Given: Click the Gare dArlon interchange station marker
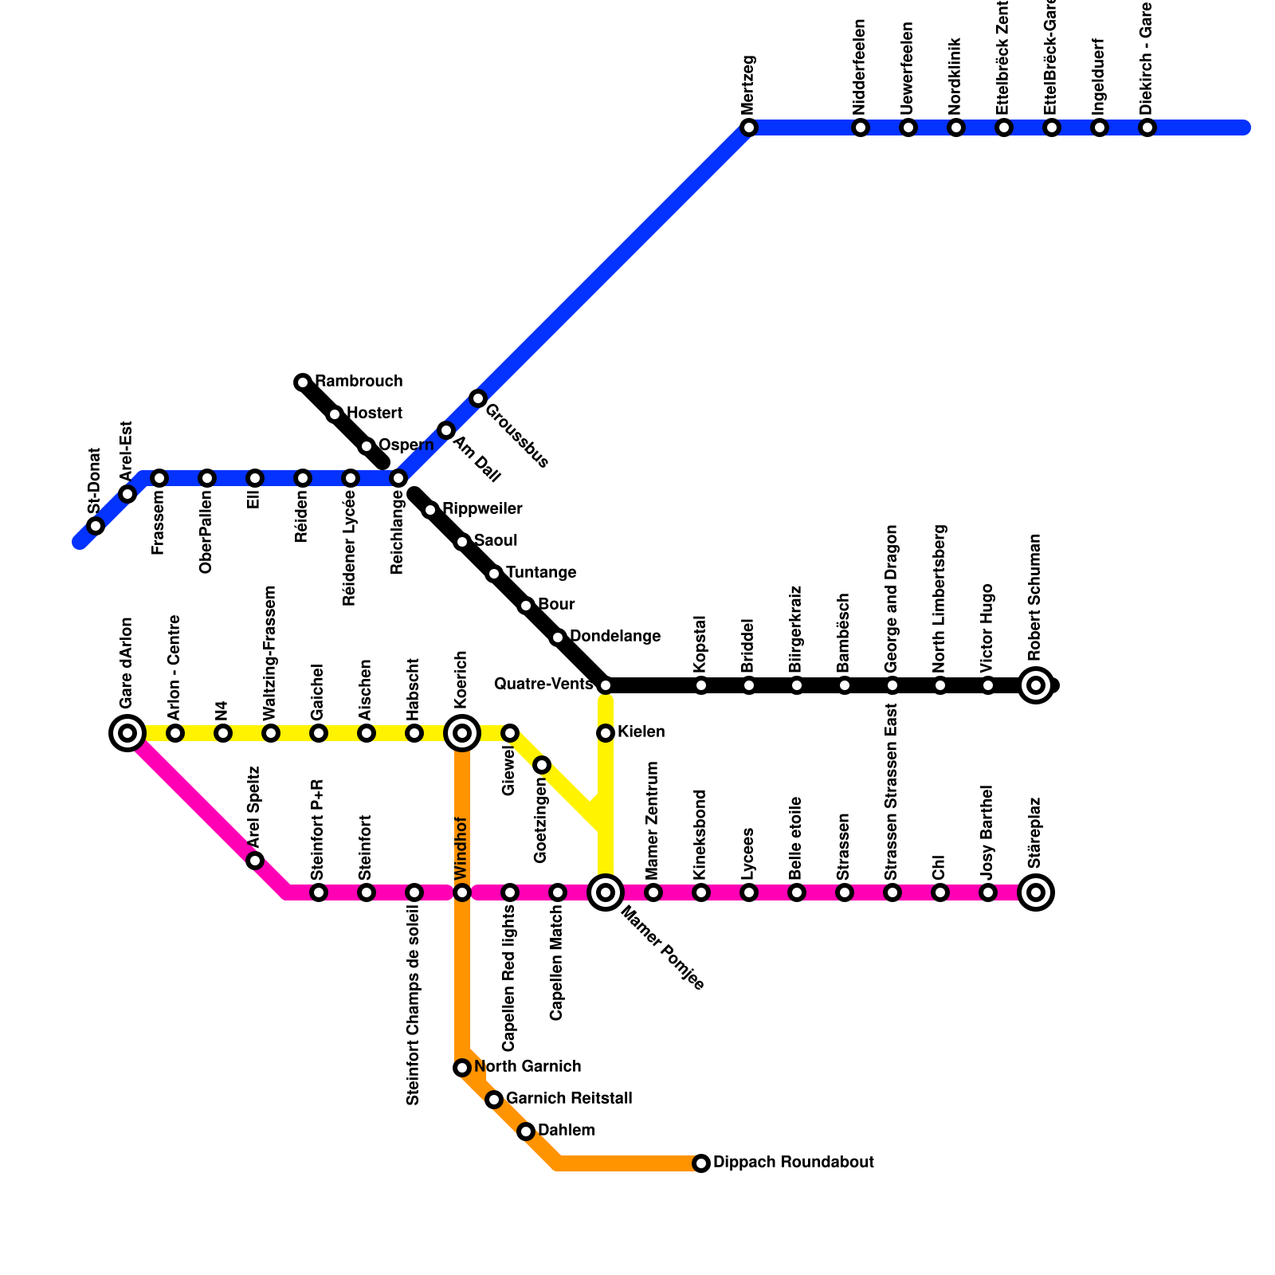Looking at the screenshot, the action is (127, 732).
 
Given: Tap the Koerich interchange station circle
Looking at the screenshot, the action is (462, 732).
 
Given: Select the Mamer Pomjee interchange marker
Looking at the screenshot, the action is (606, 892).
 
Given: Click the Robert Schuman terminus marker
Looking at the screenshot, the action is (1036, 685).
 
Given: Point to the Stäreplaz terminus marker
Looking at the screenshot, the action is (1036, 892).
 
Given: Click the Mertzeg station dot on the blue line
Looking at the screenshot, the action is (748, 127).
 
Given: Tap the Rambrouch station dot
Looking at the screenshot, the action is (303, 382).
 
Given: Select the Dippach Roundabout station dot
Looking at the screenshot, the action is (701, 1163).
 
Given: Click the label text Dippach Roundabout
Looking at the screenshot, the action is (794, 1163).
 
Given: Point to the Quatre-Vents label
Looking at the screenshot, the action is (543, 685).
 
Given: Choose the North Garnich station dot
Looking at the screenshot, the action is (462, 1068).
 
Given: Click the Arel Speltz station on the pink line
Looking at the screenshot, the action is (255, 861).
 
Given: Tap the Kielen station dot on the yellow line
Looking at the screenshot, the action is (606, 732).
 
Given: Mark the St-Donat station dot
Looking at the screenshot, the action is (96, 526).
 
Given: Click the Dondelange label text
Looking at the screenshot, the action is (615, 637).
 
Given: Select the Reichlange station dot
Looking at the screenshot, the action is (398, 478).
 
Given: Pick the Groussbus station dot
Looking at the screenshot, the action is (478, 398).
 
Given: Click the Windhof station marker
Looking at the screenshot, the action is (462, 892).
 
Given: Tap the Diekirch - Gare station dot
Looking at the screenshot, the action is (1147, 127).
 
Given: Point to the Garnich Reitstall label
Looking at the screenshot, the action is (569, 1099).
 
